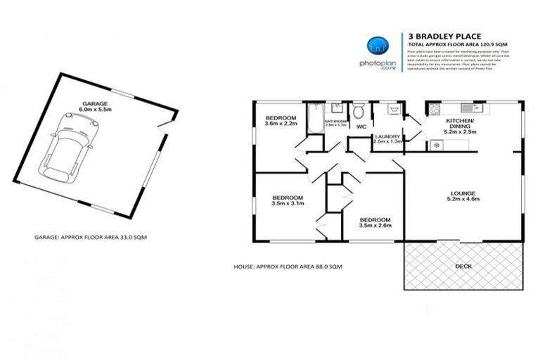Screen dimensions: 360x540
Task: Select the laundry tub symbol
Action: point(390,110)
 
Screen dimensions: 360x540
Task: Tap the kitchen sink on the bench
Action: point(468,109)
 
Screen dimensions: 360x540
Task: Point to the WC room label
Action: point(361,127)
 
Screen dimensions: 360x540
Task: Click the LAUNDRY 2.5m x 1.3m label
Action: point(388,139)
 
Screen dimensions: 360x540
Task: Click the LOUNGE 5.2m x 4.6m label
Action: point(463,196)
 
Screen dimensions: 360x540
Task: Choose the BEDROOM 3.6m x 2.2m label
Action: point(280,121)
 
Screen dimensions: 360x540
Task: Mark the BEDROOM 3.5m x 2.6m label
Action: point(374,223)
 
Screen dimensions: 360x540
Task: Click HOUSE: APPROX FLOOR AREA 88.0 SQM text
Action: point(288,267)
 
